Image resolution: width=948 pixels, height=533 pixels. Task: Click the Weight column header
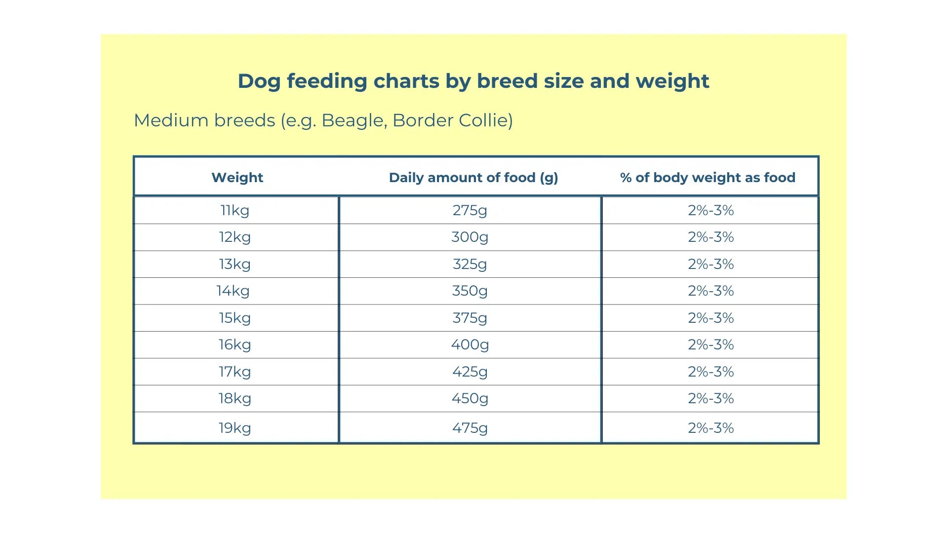(x=237, y=178)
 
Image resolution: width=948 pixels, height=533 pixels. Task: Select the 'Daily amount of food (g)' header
(x=473, y=178)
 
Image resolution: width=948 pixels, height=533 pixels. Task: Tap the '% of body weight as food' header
(x=707, y=178)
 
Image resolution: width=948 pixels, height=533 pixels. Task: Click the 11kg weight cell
(x=235, y=210)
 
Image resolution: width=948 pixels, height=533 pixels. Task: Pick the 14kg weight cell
(x=233, y=291)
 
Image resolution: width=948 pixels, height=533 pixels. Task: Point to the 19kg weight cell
(x=235, y=428)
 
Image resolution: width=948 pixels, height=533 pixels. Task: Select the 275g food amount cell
(x=470, y=210)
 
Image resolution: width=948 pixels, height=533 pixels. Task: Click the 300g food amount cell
(x=470, y=237)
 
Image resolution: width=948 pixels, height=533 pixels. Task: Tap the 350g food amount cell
(x=470, y=291)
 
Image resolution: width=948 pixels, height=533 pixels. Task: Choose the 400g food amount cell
(x=470, y=344)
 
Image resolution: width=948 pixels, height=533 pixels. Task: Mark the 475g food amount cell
(x=470, y=428)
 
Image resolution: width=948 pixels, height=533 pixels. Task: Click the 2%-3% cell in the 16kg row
(x=711, y=344)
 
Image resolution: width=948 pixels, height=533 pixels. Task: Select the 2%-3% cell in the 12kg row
(x=711, y=237)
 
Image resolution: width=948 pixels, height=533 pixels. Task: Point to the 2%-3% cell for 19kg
(x=711, y=428)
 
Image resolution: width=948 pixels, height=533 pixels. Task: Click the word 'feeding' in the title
(x=327, y=81)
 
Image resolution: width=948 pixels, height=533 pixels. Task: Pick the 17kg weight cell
(x=235, y=372)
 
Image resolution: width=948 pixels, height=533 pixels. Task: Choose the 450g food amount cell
(x=470, y=398)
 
